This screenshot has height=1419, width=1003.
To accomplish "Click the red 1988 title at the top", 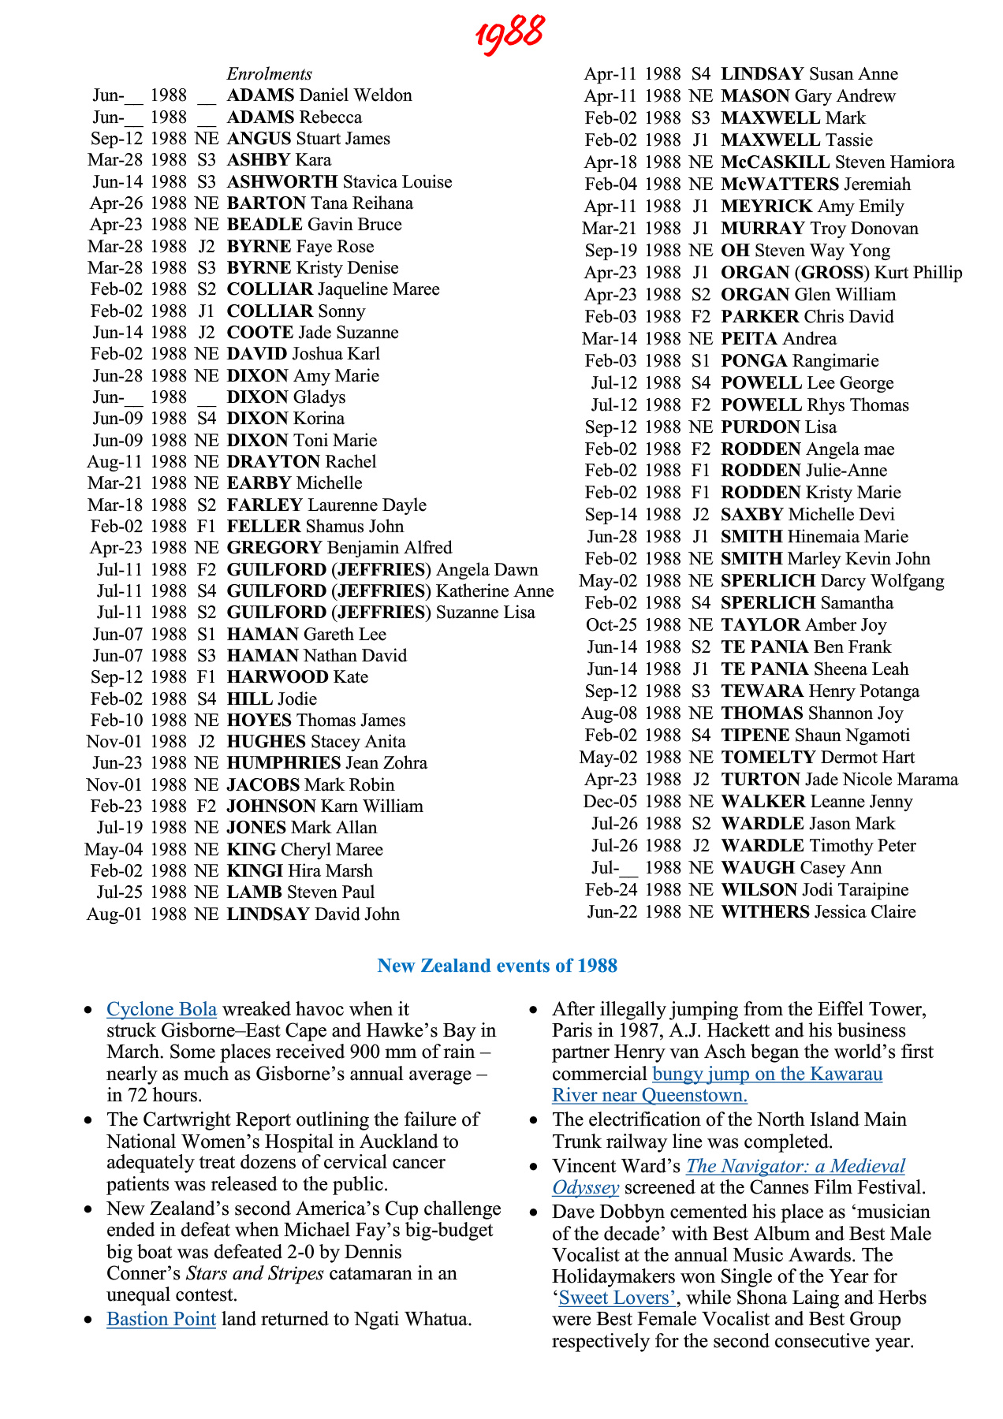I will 509,34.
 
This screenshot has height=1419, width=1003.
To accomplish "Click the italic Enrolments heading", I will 269,74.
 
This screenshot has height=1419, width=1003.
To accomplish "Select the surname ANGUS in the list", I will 259,139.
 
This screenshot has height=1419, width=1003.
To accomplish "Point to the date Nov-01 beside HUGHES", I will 114,742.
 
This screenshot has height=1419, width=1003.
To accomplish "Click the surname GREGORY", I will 274,548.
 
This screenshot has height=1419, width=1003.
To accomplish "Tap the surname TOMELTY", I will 768,758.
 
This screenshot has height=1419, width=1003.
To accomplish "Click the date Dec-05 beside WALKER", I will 610,802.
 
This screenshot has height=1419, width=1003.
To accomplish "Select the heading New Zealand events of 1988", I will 497,966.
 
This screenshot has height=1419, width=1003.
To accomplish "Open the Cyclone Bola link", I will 162,1010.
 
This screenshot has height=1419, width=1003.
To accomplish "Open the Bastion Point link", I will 161,1320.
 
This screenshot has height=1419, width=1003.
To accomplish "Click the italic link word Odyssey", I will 585,1188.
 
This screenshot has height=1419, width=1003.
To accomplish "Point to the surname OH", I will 735,251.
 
